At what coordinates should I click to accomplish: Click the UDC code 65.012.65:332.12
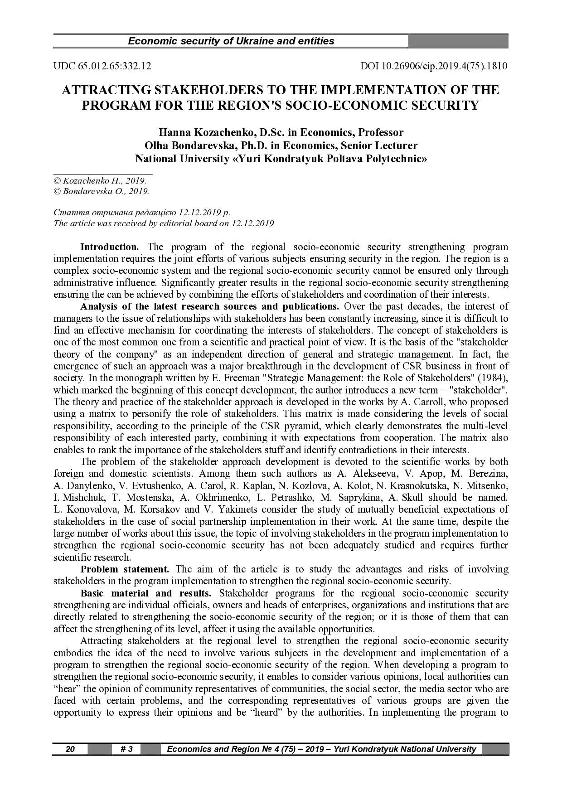point(102,66)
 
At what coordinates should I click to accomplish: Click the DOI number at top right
point(434,66)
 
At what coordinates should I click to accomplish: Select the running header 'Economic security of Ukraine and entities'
point(231,41)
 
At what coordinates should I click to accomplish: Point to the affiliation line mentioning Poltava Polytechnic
point(281,159)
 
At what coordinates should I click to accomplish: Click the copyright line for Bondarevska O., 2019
point(102,191)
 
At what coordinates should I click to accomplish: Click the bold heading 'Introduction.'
point(110,247)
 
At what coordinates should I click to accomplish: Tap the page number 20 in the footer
point(70,749)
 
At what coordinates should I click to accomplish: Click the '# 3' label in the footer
point(126,749)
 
